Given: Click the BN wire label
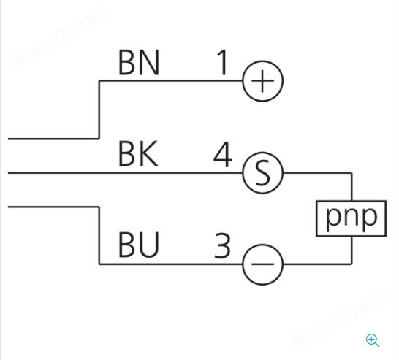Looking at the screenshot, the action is pos(139,63).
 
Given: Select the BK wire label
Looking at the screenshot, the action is pos(138,154).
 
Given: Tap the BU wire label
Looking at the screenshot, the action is pos(139,245).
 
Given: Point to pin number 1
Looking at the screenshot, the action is pos(223,63).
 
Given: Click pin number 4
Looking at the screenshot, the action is pos(223,154).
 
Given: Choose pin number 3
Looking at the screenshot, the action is pos(222,246).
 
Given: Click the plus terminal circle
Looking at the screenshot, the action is pos(243,81).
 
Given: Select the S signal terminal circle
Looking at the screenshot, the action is pos(243,172).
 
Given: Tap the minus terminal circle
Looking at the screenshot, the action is pos(243,264).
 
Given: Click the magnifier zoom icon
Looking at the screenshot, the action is pos(373,340).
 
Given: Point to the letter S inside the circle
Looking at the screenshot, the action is pos(262,173).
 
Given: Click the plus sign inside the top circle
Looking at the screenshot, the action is pos(262,81).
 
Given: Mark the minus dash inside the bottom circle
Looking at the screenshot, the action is pos(262,264).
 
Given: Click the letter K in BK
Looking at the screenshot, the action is pos(148,154).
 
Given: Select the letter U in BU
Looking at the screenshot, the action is pos(149,245).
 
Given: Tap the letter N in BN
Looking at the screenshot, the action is pos(149,63).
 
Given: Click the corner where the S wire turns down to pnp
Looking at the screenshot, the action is pos(351,173).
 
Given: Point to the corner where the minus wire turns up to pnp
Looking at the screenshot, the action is pos(351,264).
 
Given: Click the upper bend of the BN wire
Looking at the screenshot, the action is pos(99,81).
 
